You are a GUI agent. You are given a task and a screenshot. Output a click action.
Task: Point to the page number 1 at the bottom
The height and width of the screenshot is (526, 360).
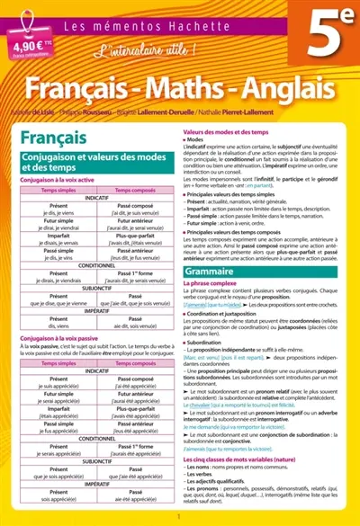[180, 519]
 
